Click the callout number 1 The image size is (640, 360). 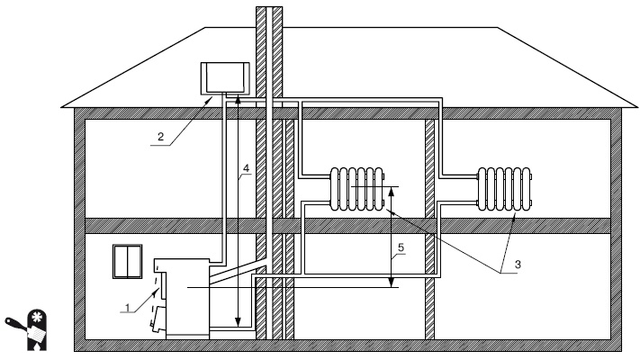click(128, 307)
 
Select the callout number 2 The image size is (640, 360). click(160, 136)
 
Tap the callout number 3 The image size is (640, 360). click(518, 264)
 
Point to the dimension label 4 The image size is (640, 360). click(246, 167)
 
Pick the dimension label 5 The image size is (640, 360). click(401, 247)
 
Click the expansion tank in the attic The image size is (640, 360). click(225, 78)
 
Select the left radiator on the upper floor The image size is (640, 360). click(357, 189)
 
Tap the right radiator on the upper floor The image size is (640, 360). click(505, 189)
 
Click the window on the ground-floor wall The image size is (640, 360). click(128, 261)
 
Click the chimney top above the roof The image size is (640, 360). click(269, 16)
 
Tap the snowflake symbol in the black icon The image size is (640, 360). click(36, 316)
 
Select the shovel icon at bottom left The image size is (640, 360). click(24, 329)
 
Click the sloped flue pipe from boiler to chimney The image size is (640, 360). click(238, 272)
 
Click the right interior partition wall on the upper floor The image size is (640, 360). click(429, 168)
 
